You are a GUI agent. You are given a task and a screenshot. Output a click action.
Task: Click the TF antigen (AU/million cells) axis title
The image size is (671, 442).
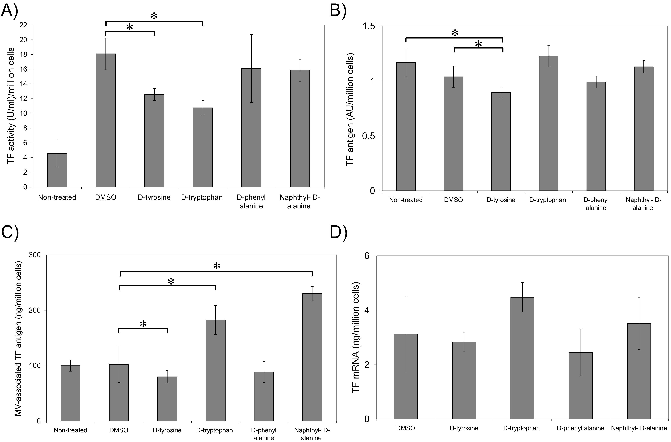point(350,111)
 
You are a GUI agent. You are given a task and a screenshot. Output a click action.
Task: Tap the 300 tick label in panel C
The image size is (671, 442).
point(35,255)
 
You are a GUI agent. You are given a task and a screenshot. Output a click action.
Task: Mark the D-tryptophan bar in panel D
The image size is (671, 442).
point(522,358)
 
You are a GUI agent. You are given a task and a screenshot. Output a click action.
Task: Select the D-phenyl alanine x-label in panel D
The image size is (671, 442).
point(581,428)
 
